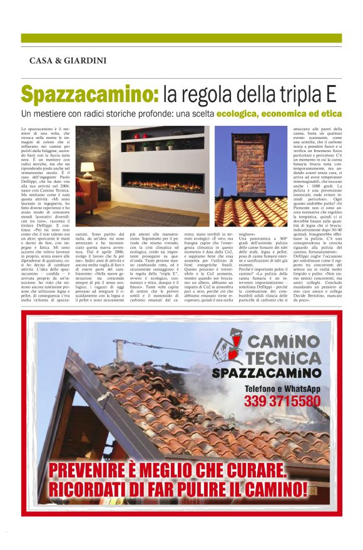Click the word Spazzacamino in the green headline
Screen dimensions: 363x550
[x=89, y=94]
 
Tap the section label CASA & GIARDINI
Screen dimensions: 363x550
[x=68, y=61]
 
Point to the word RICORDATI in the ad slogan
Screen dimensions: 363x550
[x=97, y=489]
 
